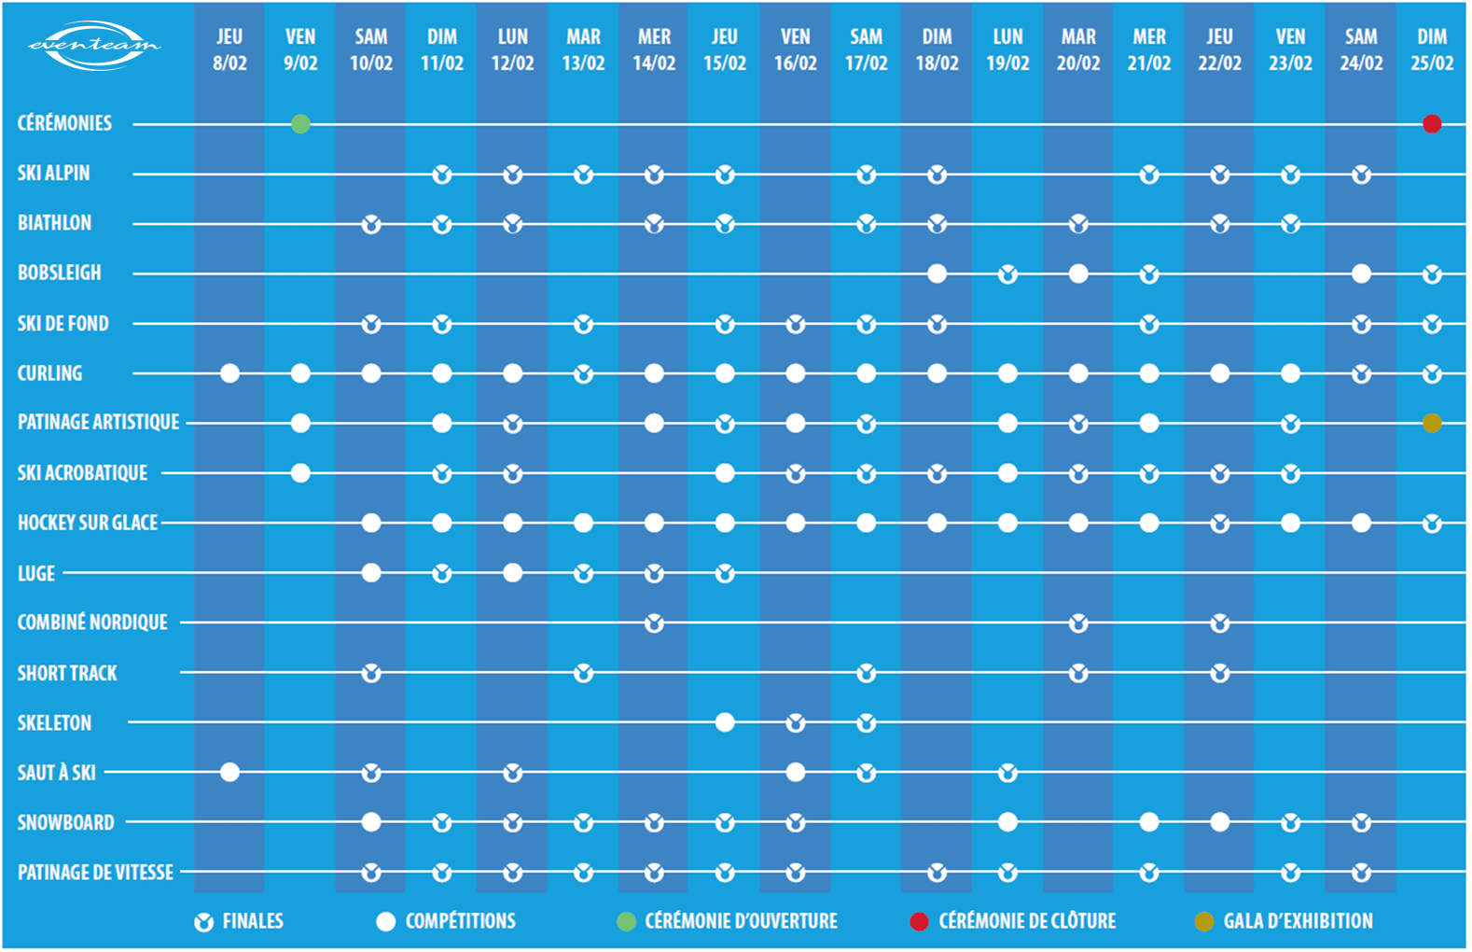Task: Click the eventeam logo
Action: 94,45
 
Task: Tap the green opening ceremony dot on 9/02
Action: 300,124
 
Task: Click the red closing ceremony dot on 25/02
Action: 1432,124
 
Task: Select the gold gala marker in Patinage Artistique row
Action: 1432,424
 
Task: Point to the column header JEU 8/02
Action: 229,50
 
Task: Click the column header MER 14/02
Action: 654,50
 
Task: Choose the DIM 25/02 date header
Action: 1432,50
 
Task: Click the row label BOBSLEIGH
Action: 60,273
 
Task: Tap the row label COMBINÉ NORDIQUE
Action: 92,623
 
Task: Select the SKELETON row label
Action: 55,722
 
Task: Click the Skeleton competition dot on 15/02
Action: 725,722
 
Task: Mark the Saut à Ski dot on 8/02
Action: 229,772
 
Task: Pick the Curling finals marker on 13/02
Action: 583,374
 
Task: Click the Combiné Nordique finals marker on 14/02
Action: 654,623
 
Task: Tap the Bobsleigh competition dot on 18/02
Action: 937,273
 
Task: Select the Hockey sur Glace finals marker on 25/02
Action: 1432,524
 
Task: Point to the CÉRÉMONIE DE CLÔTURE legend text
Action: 1026,922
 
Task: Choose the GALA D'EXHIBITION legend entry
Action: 1297,922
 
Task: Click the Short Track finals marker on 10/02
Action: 371,673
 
